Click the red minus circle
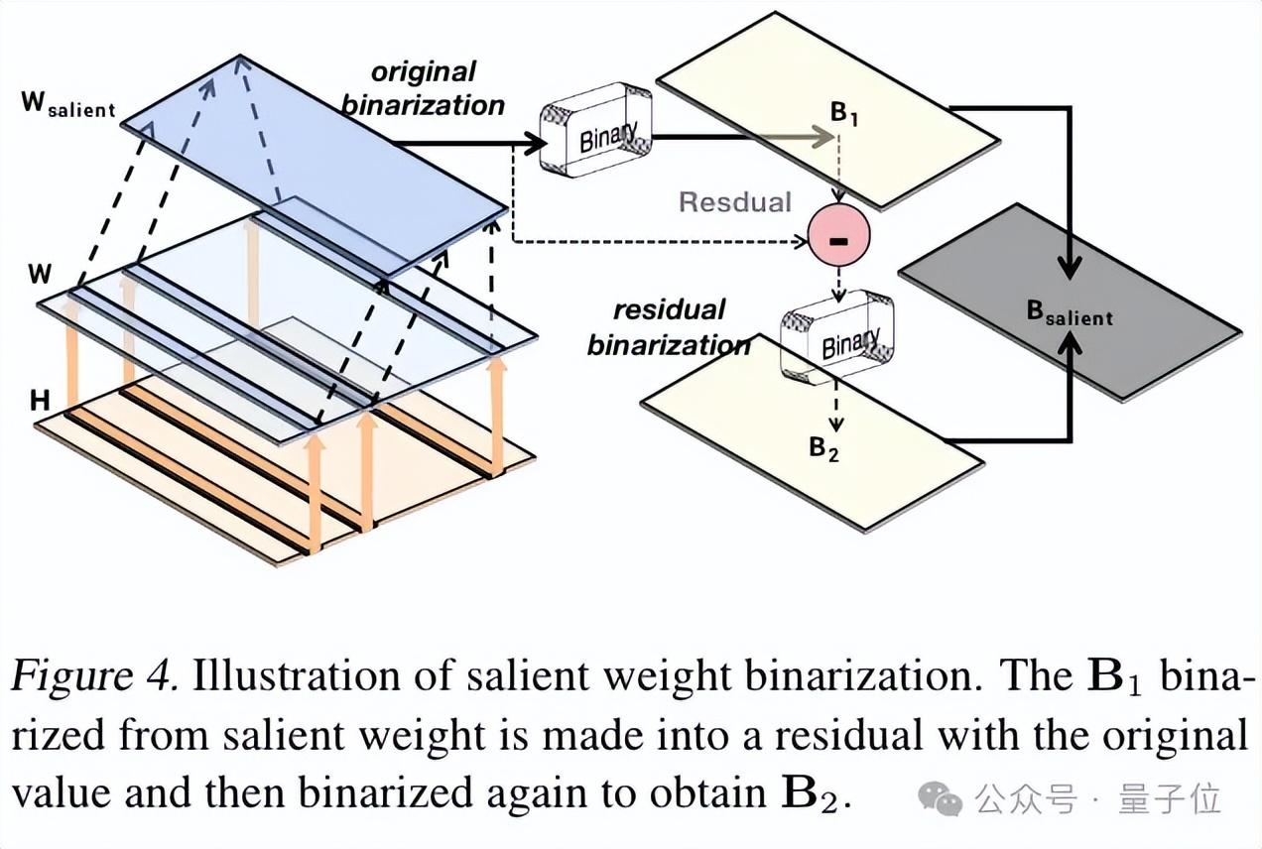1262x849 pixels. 839,236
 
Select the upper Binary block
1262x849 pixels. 596,131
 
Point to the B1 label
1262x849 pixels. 843,114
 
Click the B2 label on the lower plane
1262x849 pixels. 823,449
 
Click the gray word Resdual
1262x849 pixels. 735,202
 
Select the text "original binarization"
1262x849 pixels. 424,87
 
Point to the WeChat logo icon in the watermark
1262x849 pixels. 940,796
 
